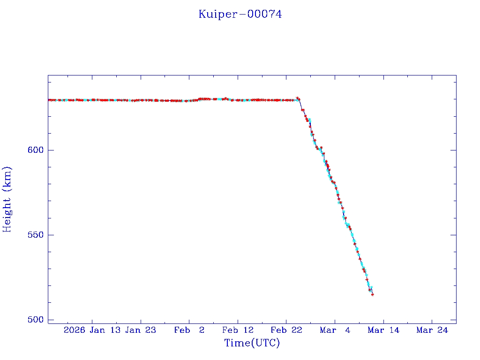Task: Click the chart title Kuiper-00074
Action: point(240,15)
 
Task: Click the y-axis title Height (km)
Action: point(7,199)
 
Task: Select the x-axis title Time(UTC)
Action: point(252,343)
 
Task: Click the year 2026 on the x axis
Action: point(75,330)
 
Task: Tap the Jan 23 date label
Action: point(141,330)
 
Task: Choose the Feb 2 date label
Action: point(189,330)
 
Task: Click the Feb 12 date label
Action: point(238,330)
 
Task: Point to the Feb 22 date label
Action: point(286,330)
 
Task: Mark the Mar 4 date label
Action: point(335,330)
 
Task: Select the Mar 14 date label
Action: point(384,330)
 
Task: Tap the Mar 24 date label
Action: point(432,330)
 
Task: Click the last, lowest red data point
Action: point(373,294)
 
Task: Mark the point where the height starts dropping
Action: point(298,99)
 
